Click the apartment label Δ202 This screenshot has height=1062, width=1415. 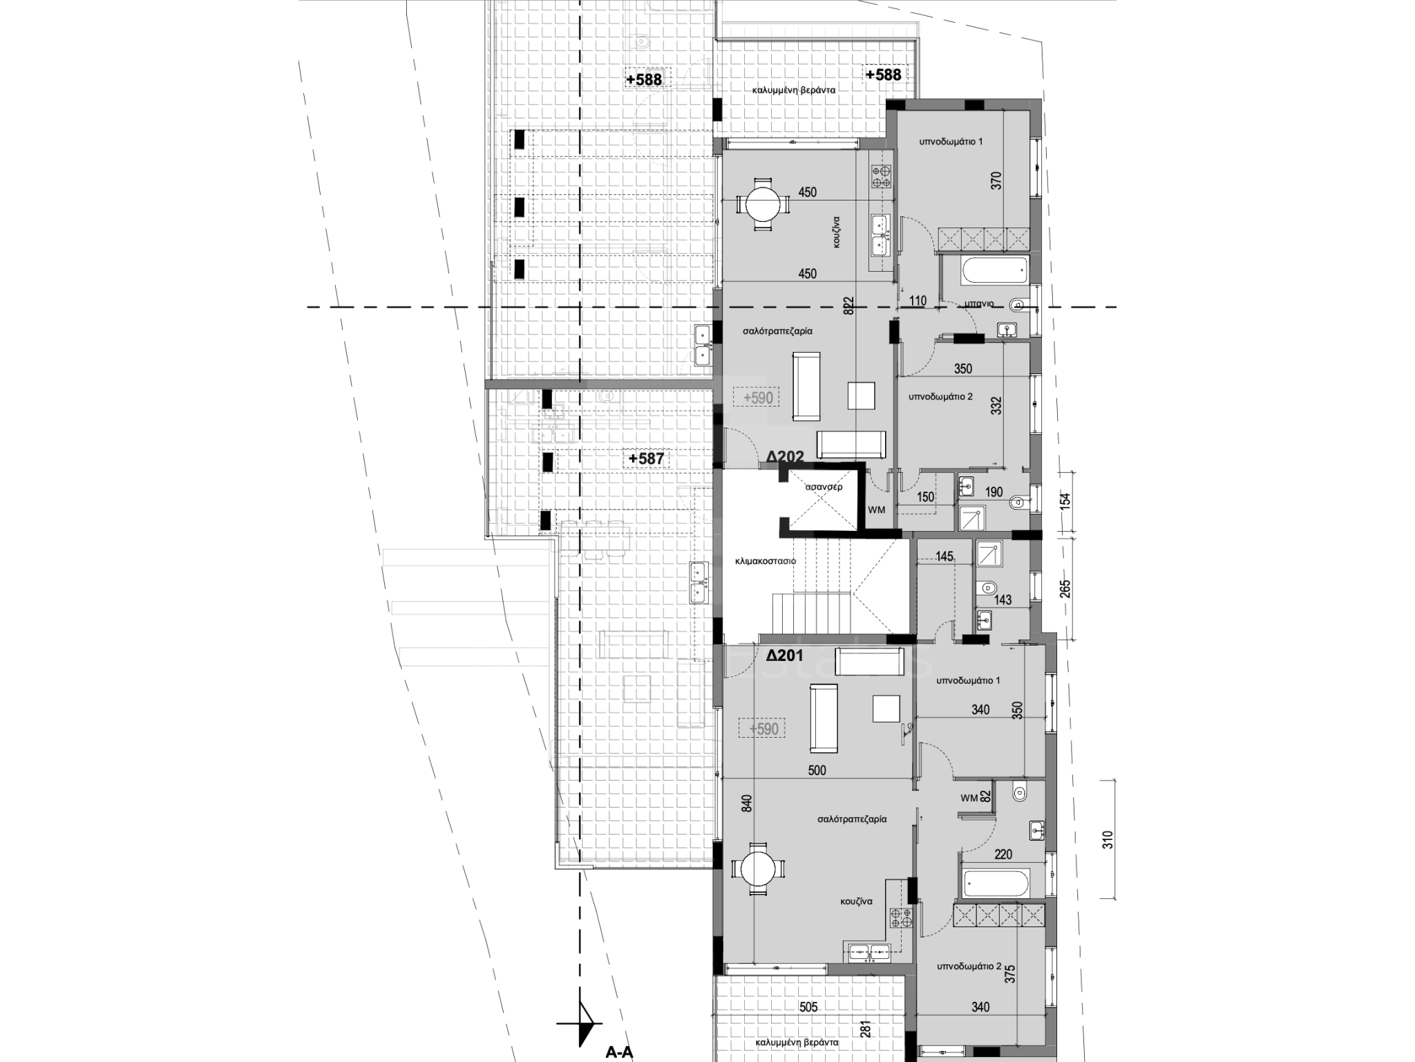click(785, 457)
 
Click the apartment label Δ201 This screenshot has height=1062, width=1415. click(785, 654)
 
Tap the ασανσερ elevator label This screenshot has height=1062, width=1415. click(824, 487)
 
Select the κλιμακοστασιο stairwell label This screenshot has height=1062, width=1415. click(766, 561)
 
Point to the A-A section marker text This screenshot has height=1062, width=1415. click(619, 1052)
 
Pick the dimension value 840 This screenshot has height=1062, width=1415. click(745, 803)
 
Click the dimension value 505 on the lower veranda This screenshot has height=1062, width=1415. click(808, 1007)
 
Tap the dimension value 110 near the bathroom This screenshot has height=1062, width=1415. click(918, 301)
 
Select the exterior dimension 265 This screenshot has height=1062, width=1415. click(1065, 588)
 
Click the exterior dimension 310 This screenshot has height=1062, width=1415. click(1108, 839)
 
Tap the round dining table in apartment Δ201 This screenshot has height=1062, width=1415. click(757, 868)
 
